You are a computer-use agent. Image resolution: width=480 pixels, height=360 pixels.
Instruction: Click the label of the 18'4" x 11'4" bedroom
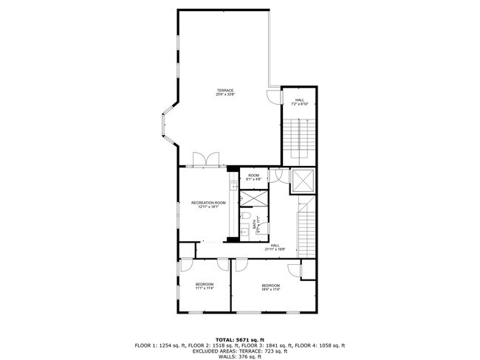[x=270, y=287]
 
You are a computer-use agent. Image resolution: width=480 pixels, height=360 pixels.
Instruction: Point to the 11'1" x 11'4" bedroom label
[x=205, y=286]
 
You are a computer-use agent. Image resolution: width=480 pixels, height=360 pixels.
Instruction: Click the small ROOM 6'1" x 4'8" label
[x=253, y=177]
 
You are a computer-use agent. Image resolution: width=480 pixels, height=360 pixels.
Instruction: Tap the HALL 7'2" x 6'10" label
[x=299, y=102]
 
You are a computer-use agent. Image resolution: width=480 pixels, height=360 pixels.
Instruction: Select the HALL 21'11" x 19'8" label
[x=275, y=247]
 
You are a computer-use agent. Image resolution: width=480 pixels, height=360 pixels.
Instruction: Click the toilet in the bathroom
[x=244, y=215]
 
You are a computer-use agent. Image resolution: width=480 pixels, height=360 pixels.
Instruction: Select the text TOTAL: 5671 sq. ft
[x=239, y=339]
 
